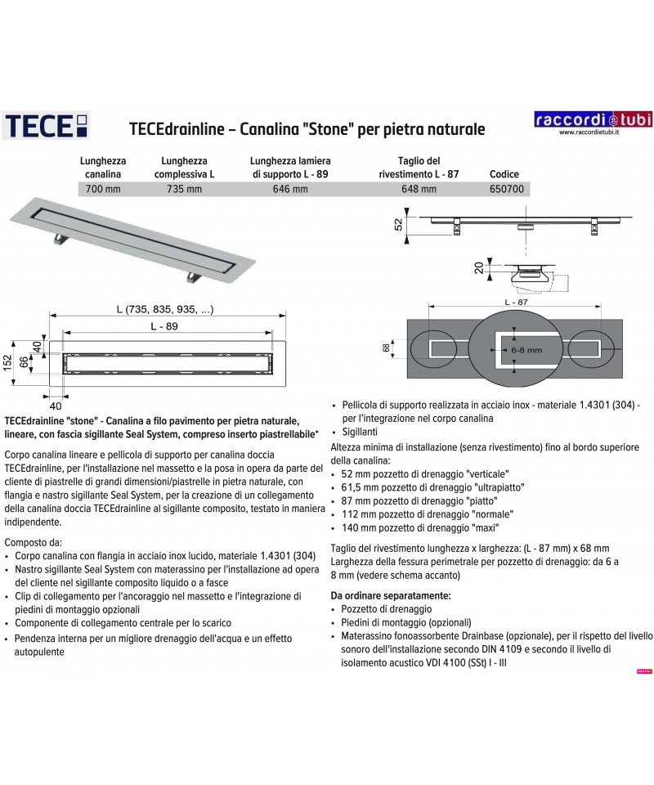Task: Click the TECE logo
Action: (x=47, y=127)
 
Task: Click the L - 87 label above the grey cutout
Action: (x=514, y=303)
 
